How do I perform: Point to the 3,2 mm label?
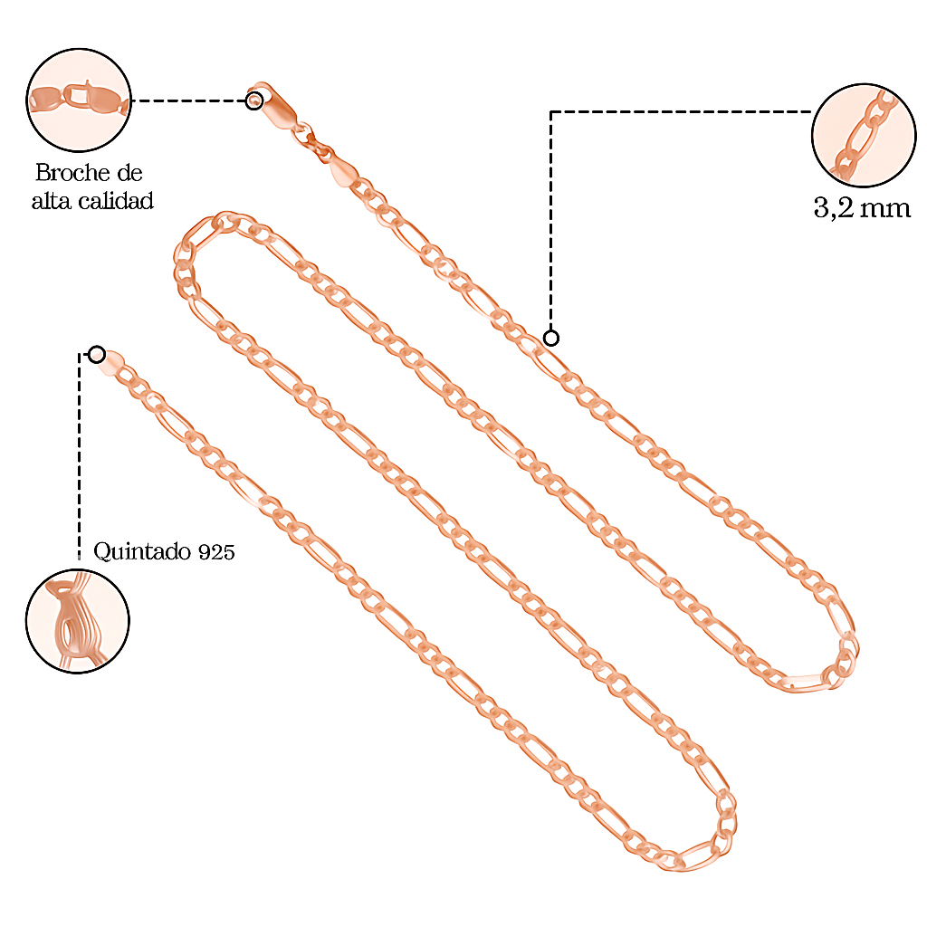click(x=861, y=208)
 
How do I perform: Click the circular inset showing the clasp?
click(x=79, y=100)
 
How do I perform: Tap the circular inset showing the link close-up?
click(x=864, y=136)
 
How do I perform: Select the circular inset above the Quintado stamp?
click(x=77, y=621)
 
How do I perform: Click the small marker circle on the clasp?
click(x=254, y=100)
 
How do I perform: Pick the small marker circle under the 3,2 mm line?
click(x=550, y=339)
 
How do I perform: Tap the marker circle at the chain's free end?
click(x=97, y=354)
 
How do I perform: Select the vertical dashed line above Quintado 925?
click(x=80, y=453)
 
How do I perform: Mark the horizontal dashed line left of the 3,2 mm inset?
click(x=679, y=111)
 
